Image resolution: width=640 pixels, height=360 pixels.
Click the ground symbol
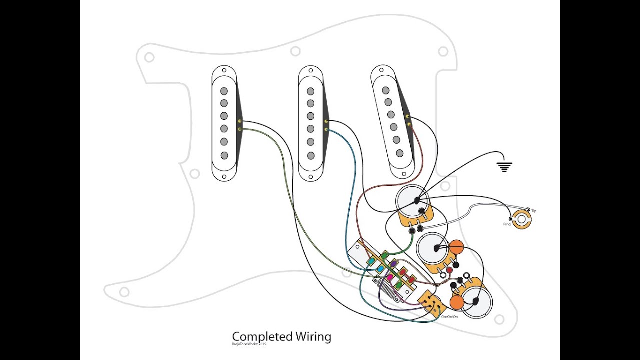[x=504, y=167]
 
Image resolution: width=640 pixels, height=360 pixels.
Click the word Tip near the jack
[x=534, y=211]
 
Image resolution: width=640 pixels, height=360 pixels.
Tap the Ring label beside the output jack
[x=507, y=224]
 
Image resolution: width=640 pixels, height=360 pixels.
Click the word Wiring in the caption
[x=313, y=337]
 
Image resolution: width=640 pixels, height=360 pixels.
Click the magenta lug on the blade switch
[x=390, y=277]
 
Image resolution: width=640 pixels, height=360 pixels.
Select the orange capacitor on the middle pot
[x=456, y=247]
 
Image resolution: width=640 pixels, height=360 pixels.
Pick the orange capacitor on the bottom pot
[x=456, y=302]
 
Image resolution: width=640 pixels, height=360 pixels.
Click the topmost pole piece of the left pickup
[x=224, y=91]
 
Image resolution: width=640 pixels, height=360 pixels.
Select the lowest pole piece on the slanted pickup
[x=399, y=153]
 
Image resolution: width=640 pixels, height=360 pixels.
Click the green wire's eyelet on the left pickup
[x=240, y=130]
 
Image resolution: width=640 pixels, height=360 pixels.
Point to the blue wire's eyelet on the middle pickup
[x=326, y=130]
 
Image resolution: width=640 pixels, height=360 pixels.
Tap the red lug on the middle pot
[x=449, y=270]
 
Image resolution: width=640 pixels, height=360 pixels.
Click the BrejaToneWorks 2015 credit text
[x=249, y=344]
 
